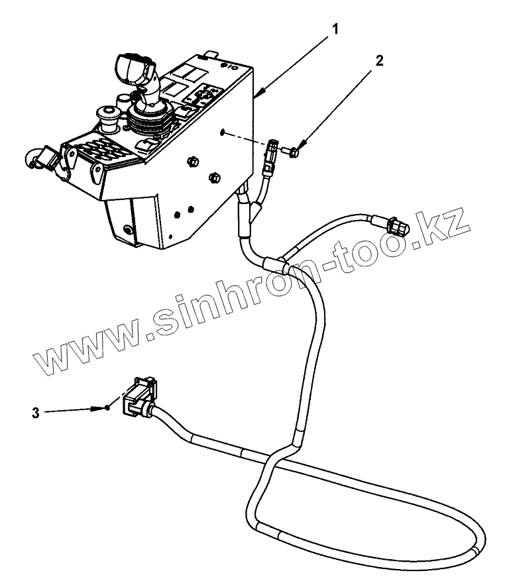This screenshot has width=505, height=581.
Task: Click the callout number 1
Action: point(337,29)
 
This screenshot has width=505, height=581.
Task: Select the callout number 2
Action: point(378,61)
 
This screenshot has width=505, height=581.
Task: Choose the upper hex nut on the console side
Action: point(193,161)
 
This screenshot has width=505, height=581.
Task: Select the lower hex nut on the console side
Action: point(214,177)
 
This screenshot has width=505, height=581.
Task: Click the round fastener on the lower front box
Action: point(127,230)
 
